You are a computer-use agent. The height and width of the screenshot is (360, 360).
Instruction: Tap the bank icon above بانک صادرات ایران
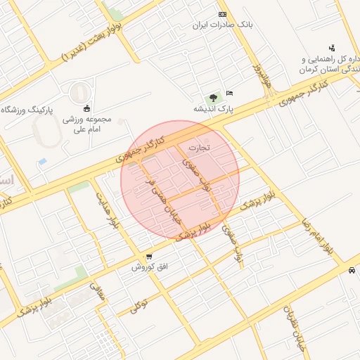[223, 14]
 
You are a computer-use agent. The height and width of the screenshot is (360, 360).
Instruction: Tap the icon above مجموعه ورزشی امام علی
[86, 108]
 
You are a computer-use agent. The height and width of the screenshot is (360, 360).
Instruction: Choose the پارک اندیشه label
[213, 110]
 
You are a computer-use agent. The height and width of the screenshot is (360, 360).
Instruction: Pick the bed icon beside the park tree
[230, 94]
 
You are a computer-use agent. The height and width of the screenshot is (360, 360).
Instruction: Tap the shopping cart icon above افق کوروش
[149, 256]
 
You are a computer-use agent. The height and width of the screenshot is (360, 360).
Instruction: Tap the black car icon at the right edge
[351, 271]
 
